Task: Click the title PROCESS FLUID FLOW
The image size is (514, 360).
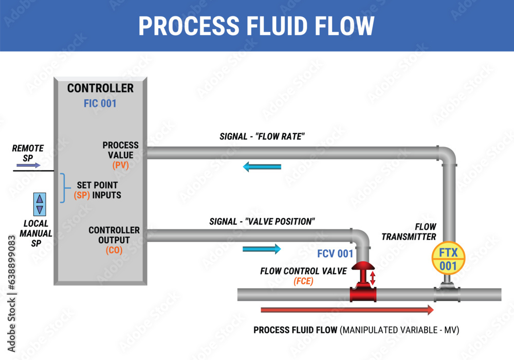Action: [x=256, y=26]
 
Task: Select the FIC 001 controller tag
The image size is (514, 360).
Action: [x=100, y=103]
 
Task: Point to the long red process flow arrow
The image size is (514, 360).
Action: [x=347, y=310]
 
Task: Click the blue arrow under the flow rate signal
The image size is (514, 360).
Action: [x=262, y=167]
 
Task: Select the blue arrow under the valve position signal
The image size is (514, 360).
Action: [x=262, y=249]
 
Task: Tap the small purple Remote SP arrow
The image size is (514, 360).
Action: [x=28, y=165]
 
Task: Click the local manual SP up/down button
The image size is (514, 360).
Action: [x=40, y=204]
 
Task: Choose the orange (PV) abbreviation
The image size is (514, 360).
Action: [x=120, y=165]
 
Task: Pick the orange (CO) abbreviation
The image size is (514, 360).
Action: [x=114, y=250]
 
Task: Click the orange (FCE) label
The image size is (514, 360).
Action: [x=303, y=281]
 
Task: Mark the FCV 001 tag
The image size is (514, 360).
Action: [x=335, y=254]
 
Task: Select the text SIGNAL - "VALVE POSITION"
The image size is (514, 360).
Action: [x=262, y=222]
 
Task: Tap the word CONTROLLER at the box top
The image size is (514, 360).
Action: [x=100, y=88]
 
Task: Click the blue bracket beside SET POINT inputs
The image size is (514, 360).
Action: [x=63, y=188]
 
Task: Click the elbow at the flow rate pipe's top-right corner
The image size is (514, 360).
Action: [x=446, y=155]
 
